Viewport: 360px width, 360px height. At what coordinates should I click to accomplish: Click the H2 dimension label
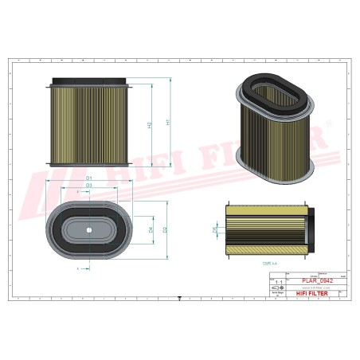150,126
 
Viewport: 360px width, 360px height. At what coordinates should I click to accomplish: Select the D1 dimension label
89,177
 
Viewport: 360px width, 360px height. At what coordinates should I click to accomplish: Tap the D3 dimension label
89,185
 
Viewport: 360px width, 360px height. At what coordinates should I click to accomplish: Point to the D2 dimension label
165,230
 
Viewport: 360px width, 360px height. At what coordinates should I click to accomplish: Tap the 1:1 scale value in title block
278,282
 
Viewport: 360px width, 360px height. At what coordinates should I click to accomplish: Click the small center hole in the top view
89,231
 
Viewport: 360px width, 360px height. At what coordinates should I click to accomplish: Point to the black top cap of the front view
89,81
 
